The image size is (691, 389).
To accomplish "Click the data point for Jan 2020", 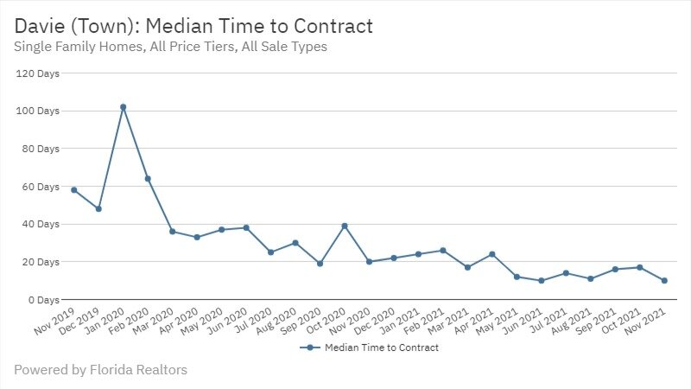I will [x=123, y=107].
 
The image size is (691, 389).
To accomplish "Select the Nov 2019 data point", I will [x=74, y=189].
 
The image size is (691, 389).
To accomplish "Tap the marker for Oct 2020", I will [x=345, y=226].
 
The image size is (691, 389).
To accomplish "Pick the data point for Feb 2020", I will [x=148, y=179].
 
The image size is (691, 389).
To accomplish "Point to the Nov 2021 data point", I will [x=664, y=280].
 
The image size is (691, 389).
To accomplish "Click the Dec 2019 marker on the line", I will [x=98, y=208].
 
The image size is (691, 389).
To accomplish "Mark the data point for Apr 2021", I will [x=492, y=254].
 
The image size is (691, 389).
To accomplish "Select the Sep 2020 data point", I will [x=320, y=264].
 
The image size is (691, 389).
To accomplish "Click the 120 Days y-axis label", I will [x=38, y=73].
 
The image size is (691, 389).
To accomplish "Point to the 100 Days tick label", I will [x=38, y=111].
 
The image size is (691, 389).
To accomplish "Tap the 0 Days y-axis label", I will [x=43, y=299].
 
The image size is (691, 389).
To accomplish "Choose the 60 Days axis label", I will [x=41, y=186].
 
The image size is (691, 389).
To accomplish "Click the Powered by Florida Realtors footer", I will [x=100, y=370].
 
